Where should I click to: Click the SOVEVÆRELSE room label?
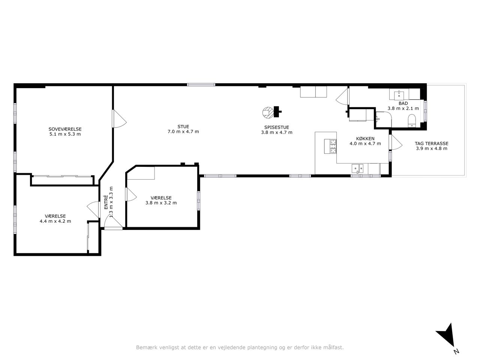[x=65, y=129]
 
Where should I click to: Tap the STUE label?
[x=183, y=126]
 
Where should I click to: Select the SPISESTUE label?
[x=277, y=127]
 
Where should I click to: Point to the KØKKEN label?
[x=365, y=139]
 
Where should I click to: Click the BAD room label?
[x=403, y=103]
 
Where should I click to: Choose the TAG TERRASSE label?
[x=432, y=144]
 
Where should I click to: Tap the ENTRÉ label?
[x=106, y=202]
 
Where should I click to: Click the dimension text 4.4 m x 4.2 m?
[x=55, y=221]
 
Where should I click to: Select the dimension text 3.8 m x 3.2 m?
[x=161, y=203]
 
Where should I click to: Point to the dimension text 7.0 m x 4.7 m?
[x=183, y=132]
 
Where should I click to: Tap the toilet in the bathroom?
[x=412, y=120]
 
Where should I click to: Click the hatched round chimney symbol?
[x=268, y=113]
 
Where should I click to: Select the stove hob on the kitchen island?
[x=330, y=147]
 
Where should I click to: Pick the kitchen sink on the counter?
[x=357, y=168]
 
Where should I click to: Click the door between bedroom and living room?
[x=119, y=119]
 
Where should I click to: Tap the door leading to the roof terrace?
[x=396, y=142]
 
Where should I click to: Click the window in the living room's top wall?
[x=201, y=85]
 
